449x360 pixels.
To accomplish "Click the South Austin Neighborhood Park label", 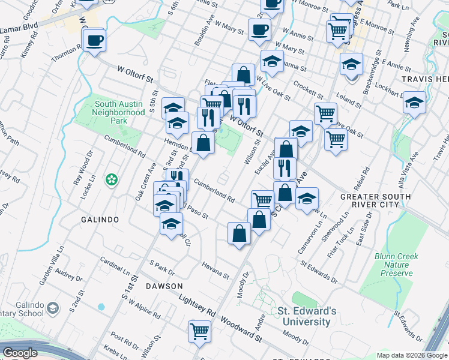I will pos(119,108).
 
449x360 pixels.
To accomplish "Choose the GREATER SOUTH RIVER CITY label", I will pos(376,200).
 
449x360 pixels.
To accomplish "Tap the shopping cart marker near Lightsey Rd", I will pos(199,330).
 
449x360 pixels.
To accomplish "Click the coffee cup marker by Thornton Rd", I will pos(94,41).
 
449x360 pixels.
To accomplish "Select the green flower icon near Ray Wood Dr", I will pos(111,179).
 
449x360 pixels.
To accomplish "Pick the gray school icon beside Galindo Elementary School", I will pos(53,308).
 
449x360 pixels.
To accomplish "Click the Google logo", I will pos(20,353).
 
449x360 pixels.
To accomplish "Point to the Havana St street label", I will pos(215,271).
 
